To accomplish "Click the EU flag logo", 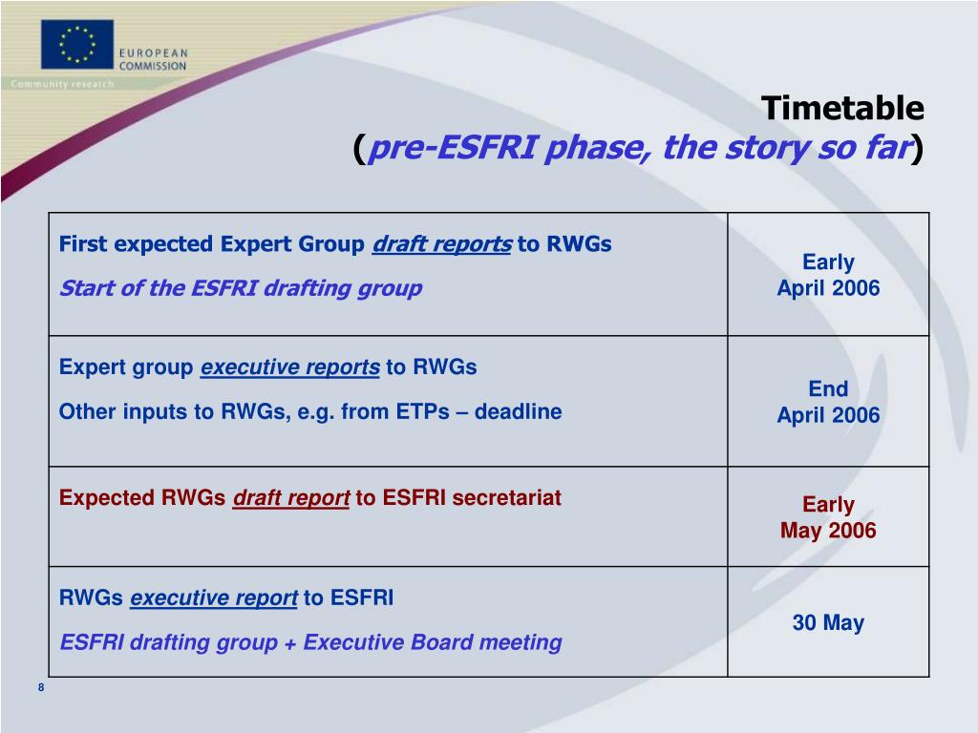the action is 77,44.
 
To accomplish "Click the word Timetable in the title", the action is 842,108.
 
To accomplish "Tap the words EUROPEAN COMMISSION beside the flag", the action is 153,60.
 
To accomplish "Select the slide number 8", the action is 41,687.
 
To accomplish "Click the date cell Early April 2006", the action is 828,275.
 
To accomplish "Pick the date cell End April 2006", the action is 828,402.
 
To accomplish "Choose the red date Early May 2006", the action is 828,517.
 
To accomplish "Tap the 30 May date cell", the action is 828,622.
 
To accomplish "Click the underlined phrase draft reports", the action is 442,244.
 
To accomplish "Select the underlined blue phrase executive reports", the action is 290,367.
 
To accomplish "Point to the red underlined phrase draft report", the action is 291,498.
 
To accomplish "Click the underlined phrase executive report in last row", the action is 213,597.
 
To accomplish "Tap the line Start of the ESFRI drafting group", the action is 241,288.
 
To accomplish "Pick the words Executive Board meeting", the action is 433,642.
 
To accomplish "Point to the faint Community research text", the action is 62,84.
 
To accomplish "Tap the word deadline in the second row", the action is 519,411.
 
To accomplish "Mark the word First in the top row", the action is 83,243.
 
